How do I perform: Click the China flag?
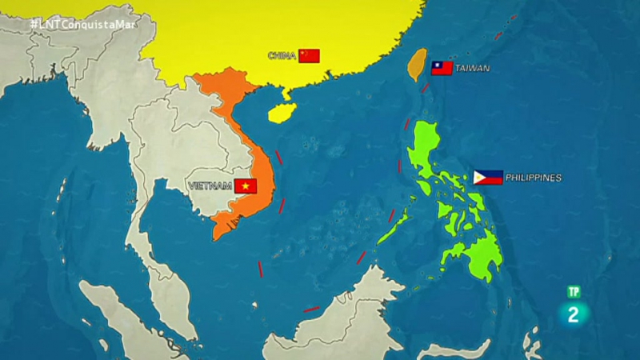coord(310,55)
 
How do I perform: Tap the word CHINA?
coord(282,55)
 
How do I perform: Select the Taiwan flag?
coord(442,68)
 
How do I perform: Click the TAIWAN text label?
coord(472,69)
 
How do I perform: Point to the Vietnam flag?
coord(246,186)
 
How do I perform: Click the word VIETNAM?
coord(210,186)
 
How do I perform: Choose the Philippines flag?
coord(488,178)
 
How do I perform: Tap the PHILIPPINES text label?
coord(534,178)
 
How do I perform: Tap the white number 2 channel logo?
coord(573,314)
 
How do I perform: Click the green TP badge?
coord(573,292)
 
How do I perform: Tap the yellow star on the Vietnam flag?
coord(246,186)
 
